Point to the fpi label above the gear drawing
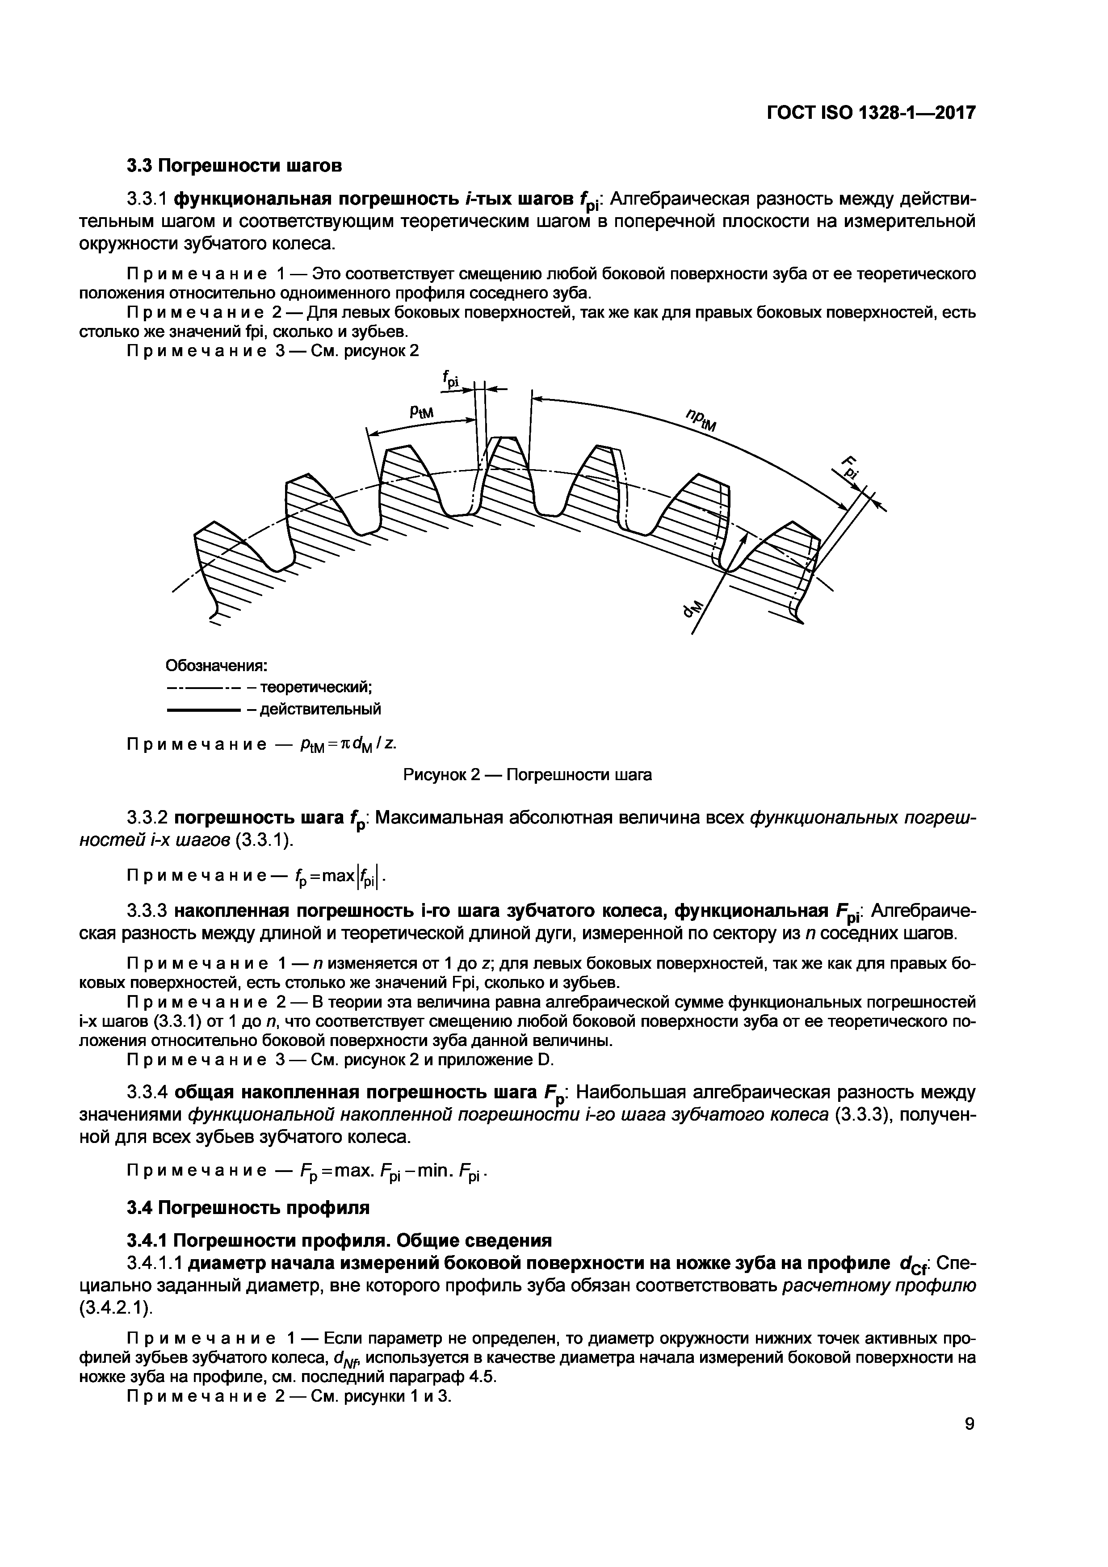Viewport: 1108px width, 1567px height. pos(451,380)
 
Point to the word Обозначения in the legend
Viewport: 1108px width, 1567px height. pos(216,665)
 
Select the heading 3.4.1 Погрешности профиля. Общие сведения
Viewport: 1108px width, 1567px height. pos(339,1240)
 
